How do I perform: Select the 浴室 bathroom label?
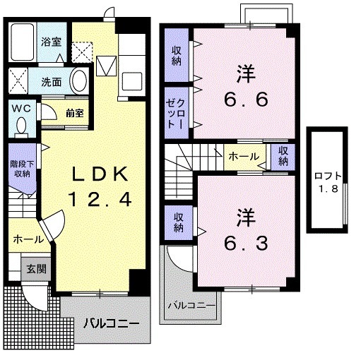click(50, 42)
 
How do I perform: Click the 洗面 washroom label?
click(50, 80)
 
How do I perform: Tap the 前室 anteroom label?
click(75, 112)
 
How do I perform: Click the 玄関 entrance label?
click(36, 268)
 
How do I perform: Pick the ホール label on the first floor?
click(28, 239)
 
